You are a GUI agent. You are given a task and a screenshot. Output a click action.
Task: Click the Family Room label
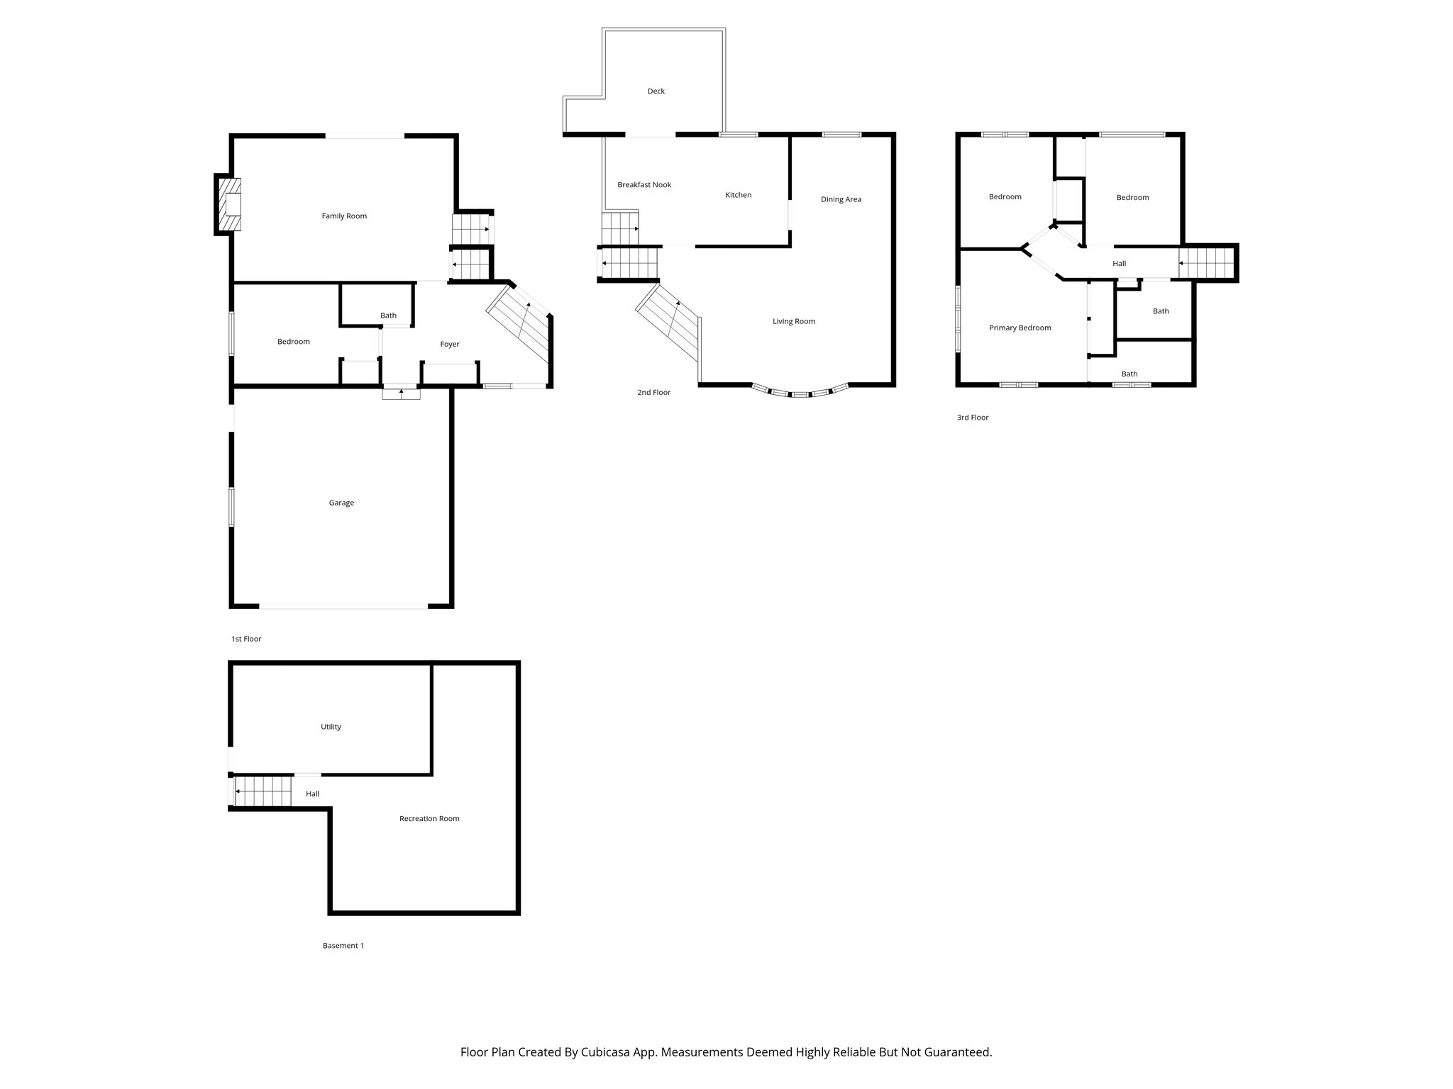(x=344, y=216)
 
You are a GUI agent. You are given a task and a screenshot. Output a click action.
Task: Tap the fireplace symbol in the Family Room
(x=230, y=205)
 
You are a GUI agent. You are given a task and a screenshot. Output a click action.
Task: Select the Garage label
(x=341, y=503)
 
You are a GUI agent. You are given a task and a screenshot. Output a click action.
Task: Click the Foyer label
(x=450, y=345)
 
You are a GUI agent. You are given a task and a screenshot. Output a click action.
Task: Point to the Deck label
(x=656, y=91)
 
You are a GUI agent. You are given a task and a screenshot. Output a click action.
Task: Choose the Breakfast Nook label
(x=644, y=185)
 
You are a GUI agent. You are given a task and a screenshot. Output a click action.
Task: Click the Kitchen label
(x=738, y=195)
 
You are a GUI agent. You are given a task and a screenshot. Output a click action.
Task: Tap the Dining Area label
(x=841, y=200)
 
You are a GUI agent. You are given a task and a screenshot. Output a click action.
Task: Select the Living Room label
(x=794, y=322)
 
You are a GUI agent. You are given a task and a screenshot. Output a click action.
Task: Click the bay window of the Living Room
(x=800, y=393)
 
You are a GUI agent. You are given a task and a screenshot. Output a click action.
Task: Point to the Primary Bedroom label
(x=1020, y=328)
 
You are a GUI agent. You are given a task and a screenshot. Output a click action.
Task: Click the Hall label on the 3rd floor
(x=1119, y=264)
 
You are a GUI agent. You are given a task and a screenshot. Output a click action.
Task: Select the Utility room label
(x=331, y=727)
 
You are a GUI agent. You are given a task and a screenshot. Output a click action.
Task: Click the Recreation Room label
(x=429, y=819)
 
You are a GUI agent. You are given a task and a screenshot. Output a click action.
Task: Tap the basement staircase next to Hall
(x=263, y=792)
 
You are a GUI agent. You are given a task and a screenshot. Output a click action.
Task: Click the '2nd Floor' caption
(x=653, y=393)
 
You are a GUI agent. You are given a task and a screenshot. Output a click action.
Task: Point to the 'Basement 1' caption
(x=343, y=946)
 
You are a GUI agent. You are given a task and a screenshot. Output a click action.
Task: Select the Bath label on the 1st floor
(x=388, y=316)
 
